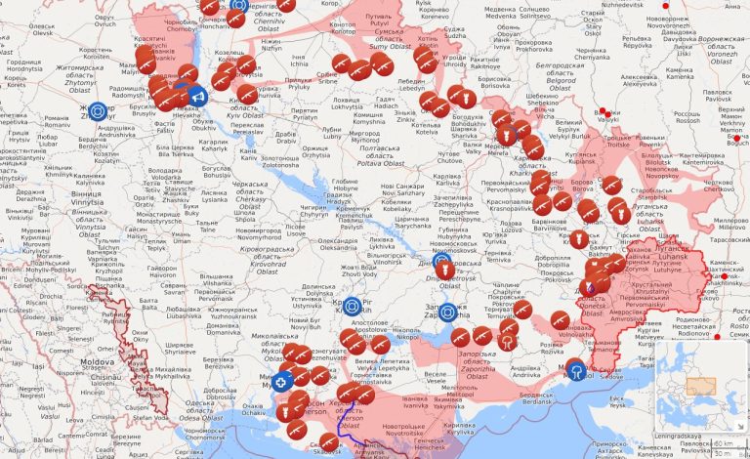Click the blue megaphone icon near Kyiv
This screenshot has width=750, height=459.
click(196, 97)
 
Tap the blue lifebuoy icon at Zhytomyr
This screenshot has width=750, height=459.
click(97, 113)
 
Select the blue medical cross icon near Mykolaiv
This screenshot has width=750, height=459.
click(282, 382)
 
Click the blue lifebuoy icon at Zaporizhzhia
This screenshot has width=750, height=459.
click(448, 313)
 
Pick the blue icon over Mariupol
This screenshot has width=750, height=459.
click(575, 370)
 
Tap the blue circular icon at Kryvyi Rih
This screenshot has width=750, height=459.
click(354, 307)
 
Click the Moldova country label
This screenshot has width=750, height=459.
click(97, 361)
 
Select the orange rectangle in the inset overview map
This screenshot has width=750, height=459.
click(702, 385)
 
